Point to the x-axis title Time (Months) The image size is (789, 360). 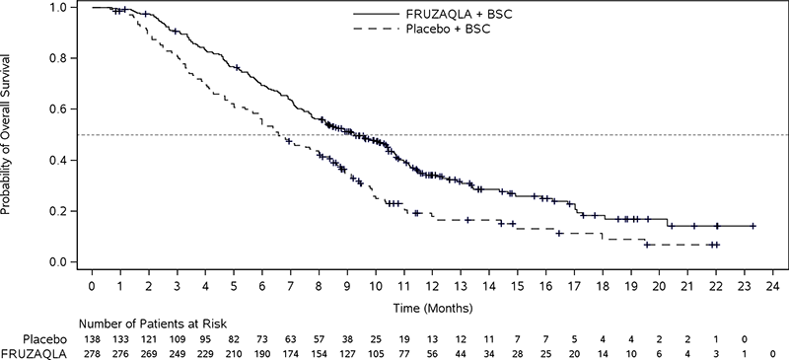tap(433, 307)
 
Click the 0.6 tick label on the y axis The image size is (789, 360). tap(59, 109)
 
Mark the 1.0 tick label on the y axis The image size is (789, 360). tap(59, 8)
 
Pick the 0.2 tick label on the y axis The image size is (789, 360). tap(59, 211)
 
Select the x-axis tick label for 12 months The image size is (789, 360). tap(432, 287)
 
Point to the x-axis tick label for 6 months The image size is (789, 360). tap(261, 287)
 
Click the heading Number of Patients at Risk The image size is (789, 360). tap(138, 322)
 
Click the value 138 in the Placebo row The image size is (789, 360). tap(92, 336)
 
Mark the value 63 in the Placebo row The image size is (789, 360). tap(290, 336)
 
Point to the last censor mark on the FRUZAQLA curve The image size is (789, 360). tap(753, 226)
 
